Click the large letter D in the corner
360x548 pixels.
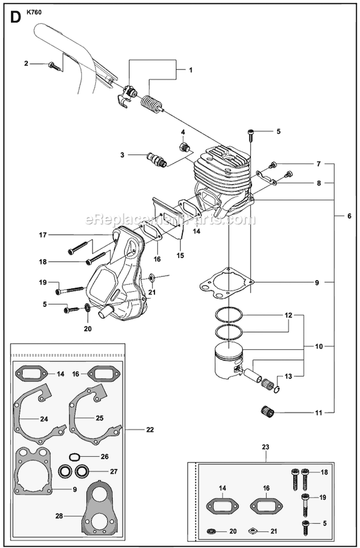[x=15, y=18]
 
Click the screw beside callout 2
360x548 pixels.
[x=55, y=66]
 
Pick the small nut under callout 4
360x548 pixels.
[x=183, y=146]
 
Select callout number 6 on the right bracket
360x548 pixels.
[x=349, y=216]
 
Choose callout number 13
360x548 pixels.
[x=288, y=377]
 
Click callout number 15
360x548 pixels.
[x=180, y=256]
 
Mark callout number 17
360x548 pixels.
[x=43, y=235]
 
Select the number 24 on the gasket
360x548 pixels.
[x=44, y=419]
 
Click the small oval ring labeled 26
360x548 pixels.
[x=75, y=456]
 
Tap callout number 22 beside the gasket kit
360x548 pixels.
[x=150, y=429]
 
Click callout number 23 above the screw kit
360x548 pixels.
[x=265, y=447]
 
